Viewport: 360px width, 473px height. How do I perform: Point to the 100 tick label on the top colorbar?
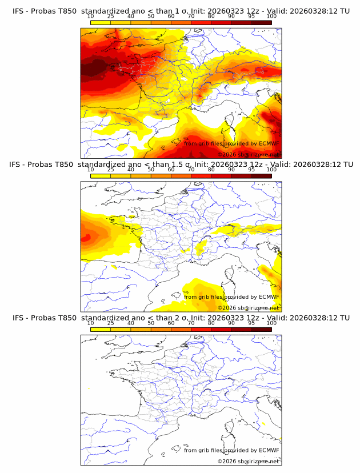coord(271,17)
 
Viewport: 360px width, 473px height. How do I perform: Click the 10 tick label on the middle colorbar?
coord(90,170)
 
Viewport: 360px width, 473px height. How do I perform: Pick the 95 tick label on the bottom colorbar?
coord(251,323)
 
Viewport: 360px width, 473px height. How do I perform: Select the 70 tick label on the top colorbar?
coord(191,17)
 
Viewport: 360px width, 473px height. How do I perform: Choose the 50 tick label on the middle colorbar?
coord(151,170)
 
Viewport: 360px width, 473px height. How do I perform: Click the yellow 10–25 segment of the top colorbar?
coord(101,22)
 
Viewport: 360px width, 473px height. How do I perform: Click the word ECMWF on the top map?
coord(269,143)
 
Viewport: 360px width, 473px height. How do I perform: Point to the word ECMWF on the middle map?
coord(269,296)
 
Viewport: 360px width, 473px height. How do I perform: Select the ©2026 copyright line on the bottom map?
coord(249,461)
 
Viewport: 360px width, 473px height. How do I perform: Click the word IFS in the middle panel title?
coord(18,165)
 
